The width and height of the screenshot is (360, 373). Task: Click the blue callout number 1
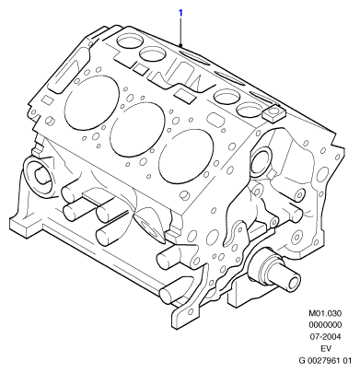pyautogui.click(x=180, y=13)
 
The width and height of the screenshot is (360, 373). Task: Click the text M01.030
pyautogui.click(x=325, y=313)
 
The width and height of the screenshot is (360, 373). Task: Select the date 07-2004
pyautogui.click(x=325, y=337)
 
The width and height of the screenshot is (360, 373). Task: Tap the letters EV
pyautogui.click(x=325, y=349)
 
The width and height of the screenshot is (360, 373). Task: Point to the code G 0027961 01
pyautogui.click(x=325, y=360)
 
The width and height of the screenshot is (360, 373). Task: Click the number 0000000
pyautogui.click(x=325, y=325)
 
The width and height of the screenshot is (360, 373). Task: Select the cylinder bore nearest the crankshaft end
pyautogui.click(x=186, y=156)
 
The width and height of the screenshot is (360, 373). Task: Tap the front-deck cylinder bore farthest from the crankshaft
pyautogui.click(x=92, y=102)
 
